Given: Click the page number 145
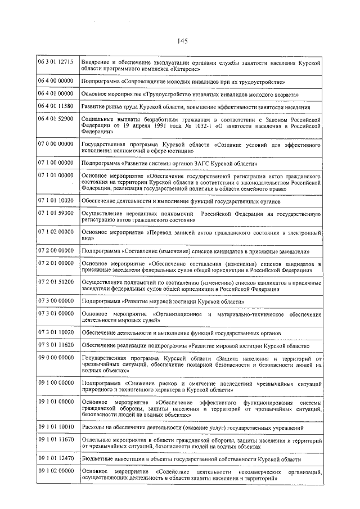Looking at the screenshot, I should click(x=181, y=40).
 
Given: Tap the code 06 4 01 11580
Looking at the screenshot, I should click(x=56, y=106).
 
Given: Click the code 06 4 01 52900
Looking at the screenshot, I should click(x=56, y=120).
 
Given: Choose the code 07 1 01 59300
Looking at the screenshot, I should click(x=56, y=215).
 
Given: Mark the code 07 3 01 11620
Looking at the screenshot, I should click(x=56, y=344).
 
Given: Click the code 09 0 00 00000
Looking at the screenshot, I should click(x=56, y=358).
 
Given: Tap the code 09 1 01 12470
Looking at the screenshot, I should click(x=56, y=459).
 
